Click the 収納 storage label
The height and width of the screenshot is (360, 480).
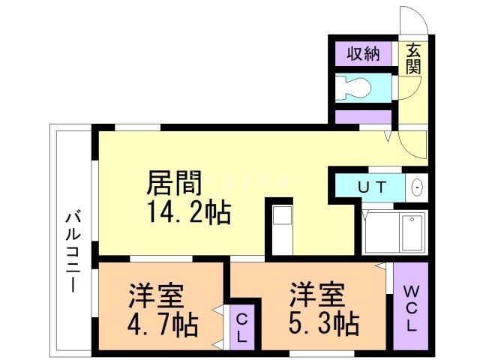click(363, 54)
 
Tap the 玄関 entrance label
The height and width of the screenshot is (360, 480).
click(413, 58)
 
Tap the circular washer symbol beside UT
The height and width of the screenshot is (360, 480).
click(417, 187)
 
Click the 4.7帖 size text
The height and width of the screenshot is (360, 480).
click(163, 325)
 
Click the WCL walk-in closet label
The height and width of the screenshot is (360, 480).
click(411, 309)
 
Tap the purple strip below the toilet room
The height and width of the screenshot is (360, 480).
click(364, 117)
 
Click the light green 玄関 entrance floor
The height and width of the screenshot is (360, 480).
click(413, 105)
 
